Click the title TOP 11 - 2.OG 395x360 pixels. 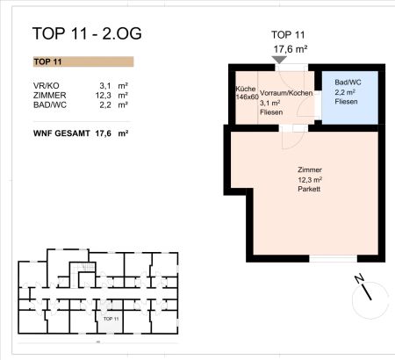[x=86, y=35]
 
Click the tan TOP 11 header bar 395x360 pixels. [x=82, y=62]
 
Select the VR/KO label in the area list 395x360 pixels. [x=47, y=85]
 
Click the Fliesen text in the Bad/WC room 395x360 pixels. [x=347, y=101]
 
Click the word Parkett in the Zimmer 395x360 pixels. [x=309, y=189]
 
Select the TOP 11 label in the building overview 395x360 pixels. [x=110, y=318]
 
